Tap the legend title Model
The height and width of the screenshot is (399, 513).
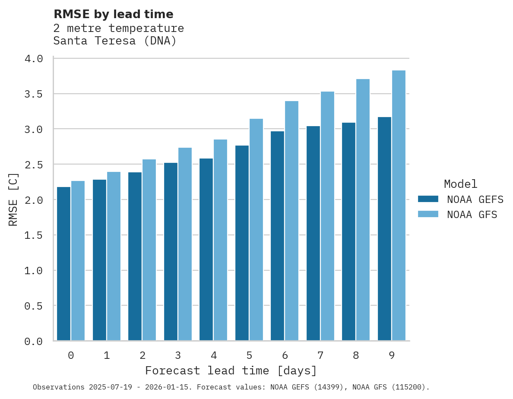[x=461, y=184]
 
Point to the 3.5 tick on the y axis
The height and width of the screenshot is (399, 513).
[x=34, y=94]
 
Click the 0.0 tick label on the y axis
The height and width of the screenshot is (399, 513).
[x=34, y=342]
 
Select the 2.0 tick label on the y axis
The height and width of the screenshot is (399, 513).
[x=34, y=200]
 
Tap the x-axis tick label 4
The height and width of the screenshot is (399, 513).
[x=214, y=355]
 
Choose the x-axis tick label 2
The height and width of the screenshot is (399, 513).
[x=142, y=355]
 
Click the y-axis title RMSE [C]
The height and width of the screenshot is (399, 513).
[x=13, y=199]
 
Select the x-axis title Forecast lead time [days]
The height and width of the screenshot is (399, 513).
[x=231, y=371]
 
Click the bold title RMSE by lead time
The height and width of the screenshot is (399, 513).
[x=114, y=14]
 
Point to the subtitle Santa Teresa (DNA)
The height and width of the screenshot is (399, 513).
[x=115, y=41]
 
